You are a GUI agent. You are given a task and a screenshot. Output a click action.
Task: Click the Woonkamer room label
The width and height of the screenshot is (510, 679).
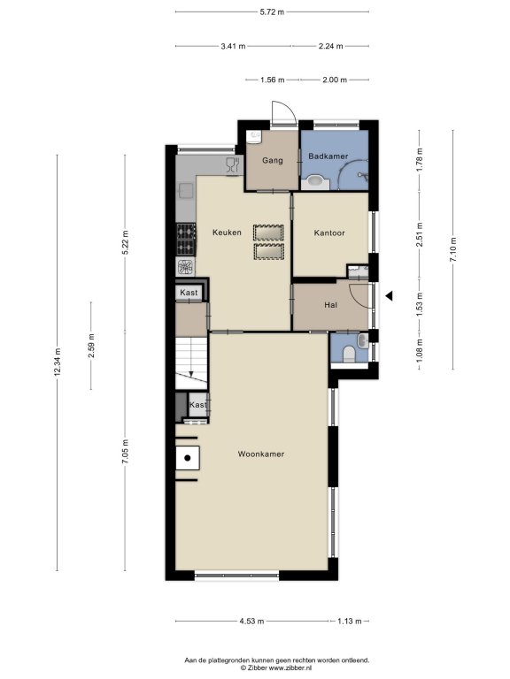click(261, 454)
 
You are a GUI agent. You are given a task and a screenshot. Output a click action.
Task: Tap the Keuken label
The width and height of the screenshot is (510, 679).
click(227, 233)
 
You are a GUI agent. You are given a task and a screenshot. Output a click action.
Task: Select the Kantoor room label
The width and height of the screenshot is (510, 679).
click(329, 233)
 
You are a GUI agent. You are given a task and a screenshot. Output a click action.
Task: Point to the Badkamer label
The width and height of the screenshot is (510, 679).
click(328, 156)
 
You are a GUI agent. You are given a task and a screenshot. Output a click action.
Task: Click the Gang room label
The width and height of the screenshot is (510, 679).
click(273, 160)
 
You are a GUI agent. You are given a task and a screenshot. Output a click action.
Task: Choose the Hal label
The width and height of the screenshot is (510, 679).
click(330, 305)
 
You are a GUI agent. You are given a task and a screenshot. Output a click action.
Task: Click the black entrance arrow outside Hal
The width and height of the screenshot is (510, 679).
click(390, 296)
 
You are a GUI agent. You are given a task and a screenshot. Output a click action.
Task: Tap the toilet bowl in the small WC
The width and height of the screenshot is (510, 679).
click(349, 355)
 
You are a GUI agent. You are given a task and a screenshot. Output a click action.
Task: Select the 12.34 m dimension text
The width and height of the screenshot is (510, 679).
click(58, 362)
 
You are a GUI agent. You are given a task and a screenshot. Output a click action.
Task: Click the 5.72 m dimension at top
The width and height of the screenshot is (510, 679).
click(272, 12)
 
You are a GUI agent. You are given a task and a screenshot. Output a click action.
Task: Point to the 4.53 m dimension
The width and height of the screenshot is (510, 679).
click(251, 621)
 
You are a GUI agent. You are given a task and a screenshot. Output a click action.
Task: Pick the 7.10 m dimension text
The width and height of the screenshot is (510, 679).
click(453, 250)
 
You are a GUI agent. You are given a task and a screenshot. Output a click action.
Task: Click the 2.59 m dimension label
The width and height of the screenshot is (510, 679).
click(91, 346)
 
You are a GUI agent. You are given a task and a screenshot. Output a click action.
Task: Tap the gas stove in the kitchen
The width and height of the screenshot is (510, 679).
click(186, 239)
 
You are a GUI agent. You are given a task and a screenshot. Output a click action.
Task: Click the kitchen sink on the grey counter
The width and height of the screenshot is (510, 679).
click(186, 191)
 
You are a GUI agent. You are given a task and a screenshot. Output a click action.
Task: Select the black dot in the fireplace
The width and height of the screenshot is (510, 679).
click(188, 458)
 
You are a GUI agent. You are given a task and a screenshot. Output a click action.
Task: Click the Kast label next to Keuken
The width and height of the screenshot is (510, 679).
click(189, 293)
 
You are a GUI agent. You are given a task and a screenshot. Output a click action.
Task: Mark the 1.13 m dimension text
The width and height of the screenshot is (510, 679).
click(350, 621)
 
